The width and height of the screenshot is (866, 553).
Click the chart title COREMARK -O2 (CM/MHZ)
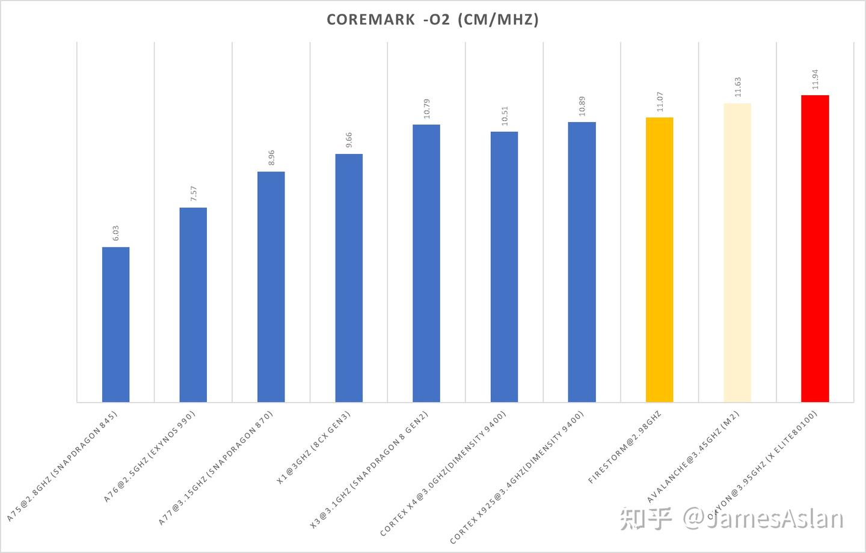(x=432, y=20)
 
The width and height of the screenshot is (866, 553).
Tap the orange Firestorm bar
(x=659, y=259)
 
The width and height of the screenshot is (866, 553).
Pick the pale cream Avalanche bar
(x=737, y=252)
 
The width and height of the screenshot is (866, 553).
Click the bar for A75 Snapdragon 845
(x=115, y=324)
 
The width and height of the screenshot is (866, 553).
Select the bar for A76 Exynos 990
(x=193, y=304)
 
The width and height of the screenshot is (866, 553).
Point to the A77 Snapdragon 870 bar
(x=271, y=286)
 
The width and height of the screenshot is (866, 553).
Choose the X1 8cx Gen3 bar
(x=349, y=277)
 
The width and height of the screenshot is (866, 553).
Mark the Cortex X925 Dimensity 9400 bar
(x=582, y=262)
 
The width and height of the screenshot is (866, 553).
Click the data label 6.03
(x=115, y=233)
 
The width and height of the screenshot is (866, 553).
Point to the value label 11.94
(x=815, y=79)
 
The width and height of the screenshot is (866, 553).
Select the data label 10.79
(x=426, y=109)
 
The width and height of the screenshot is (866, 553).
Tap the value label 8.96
(x=271, y=158)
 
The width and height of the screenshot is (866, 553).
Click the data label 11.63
(x=737, y=87)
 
